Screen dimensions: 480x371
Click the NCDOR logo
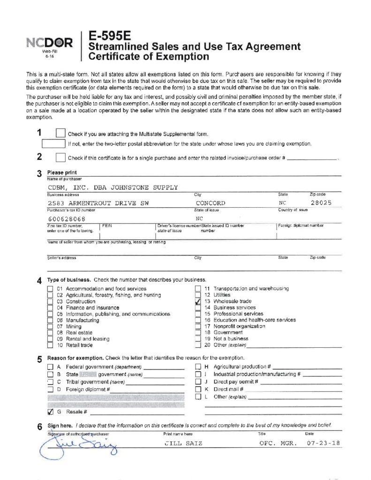click(50, 44)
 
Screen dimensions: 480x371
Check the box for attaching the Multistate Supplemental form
click(60, 134)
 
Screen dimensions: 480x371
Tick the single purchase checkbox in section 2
click(60, 157)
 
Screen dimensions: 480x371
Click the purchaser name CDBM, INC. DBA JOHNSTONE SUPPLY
click(113, 187)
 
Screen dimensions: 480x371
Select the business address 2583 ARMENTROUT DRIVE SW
click(98, 203)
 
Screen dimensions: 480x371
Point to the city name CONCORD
click(210, 203)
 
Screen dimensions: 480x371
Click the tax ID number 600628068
click(67, 218)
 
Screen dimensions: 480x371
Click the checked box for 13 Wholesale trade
click(198, 301)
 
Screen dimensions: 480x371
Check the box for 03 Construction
click(50, 301)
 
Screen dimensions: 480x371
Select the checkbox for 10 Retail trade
click(50, 345)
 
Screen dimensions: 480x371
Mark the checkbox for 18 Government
click(198, 332)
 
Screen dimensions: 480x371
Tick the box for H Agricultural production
click(198, 367)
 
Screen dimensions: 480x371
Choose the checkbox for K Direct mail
click(198, 389)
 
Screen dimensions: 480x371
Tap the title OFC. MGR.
click(278, 442)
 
